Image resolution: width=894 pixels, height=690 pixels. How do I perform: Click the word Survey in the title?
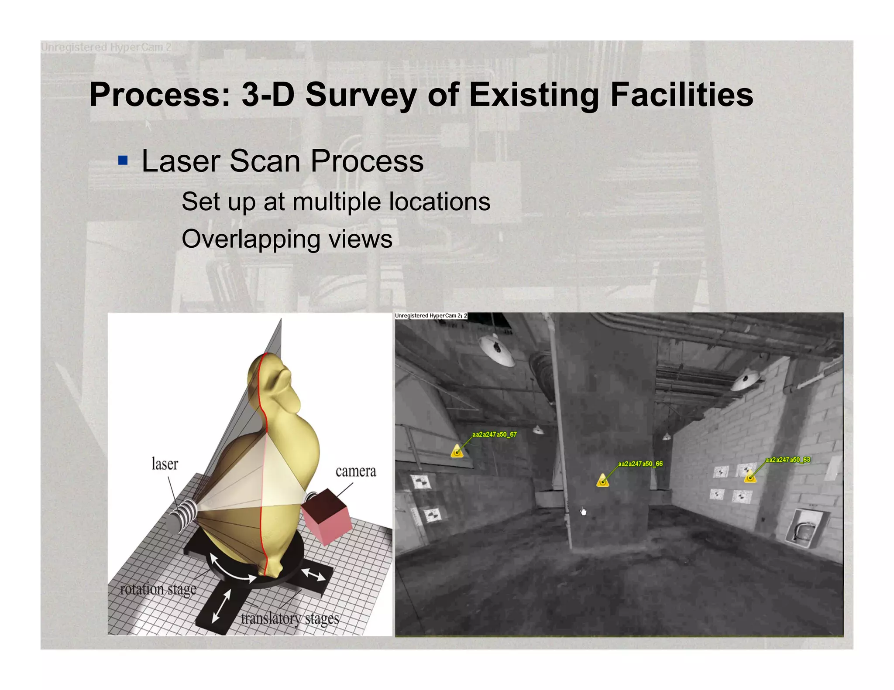click(x=361, y=95)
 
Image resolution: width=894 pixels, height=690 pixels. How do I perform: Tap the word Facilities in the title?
click(x=681, y=95)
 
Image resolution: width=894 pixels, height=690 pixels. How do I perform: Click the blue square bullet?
click(x=123, y=160)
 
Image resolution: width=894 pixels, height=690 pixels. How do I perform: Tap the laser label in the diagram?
click(x=165, y=464)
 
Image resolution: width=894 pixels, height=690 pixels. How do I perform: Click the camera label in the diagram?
click(x=355, y=471)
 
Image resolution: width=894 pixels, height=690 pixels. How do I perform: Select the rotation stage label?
click(x=158, y=589)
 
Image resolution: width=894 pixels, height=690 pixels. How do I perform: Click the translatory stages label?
click(x=289, y=618)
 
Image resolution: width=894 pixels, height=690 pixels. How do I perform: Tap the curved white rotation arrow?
click(x=231, y=569)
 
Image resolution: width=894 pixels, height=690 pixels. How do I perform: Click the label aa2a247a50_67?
click(x=494, y=434)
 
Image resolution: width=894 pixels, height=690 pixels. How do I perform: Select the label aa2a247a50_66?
click(x=640, y=464)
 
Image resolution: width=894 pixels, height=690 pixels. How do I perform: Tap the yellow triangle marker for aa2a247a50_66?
click(x=602, y=481)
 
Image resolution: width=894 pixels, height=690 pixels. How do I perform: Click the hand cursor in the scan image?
click(x=583, y=511)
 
